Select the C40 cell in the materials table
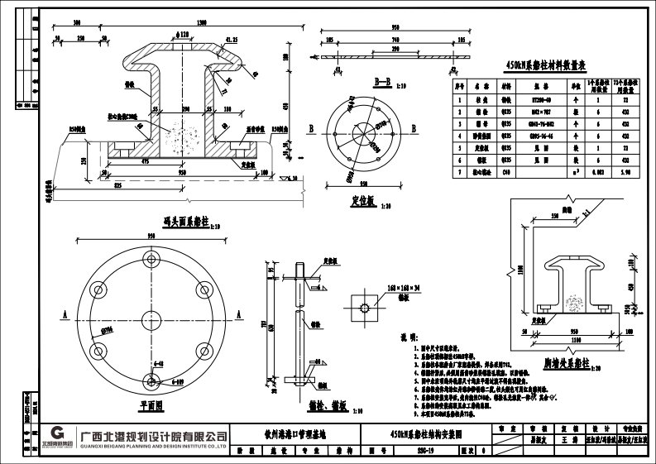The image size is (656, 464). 507,172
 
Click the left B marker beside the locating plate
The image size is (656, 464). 310,129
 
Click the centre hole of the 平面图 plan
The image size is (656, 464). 151,316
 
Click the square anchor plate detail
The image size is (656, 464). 365,307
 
